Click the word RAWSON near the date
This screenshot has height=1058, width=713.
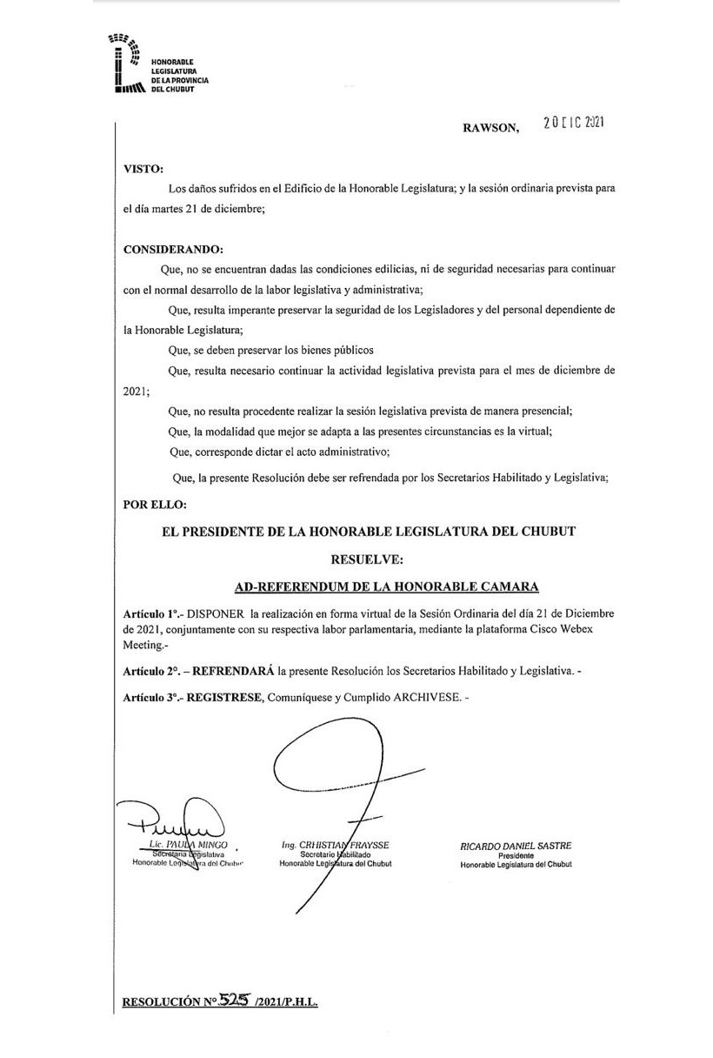(490, 128)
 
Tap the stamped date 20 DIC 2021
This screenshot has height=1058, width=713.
(572, 124)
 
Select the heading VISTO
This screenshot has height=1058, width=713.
(143, 169)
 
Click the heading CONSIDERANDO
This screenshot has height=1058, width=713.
(174, 250)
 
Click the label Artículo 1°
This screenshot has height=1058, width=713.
(151, 614)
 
